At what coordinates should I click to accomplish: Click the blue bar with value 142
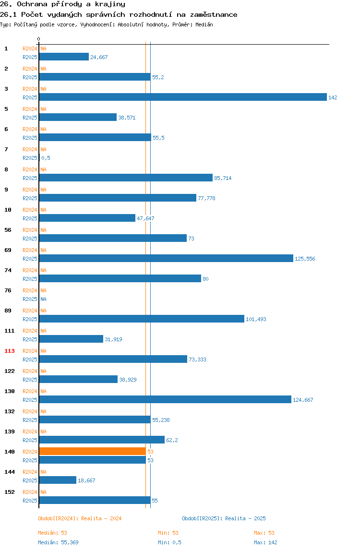tap(183, 97)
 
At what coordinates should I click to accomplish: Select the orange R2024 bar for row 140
tap(93, 451)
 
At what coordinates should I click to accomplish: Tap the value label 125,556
tap(305, 259)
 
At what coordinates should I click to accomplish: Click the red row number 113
tap(10, 351)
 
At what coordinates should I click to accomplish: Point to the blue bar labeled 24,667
tap(64, 57)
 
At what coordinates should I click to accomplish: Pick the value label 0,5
tap(46, 158)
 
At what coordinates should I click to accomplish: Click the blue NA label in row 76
tap(43, 299)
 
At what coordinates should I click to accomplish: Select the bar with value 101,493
tap(142, 319)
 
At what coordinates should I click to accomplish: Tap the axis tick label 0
tap(39, 39)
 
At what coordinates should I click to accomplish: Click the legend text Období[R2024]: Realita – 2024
tap(80, 518)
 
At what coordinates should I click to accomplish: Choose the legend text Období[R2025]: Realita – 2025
tap(224, 518)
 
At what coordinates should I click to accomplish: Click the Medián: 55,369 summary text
tap(59, 542)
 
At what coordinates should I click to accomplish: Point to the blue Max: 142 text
tap(265, 542)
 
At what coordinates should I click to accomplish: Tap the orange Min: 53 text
tap(168, 533)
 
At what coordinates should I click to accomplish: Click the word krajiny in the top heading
tap(110, 4)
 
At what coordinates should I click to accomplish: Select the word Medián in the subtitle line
tap(204, 24)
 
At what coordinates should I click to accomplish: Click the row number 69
tap(8, 250)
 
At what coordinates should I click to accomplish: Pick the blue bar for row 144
tap(58, 480)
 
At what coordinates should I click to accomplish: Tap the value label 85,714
tap(223, 178)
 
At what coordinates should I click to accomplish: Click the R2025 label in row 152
tap(30, 501)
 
